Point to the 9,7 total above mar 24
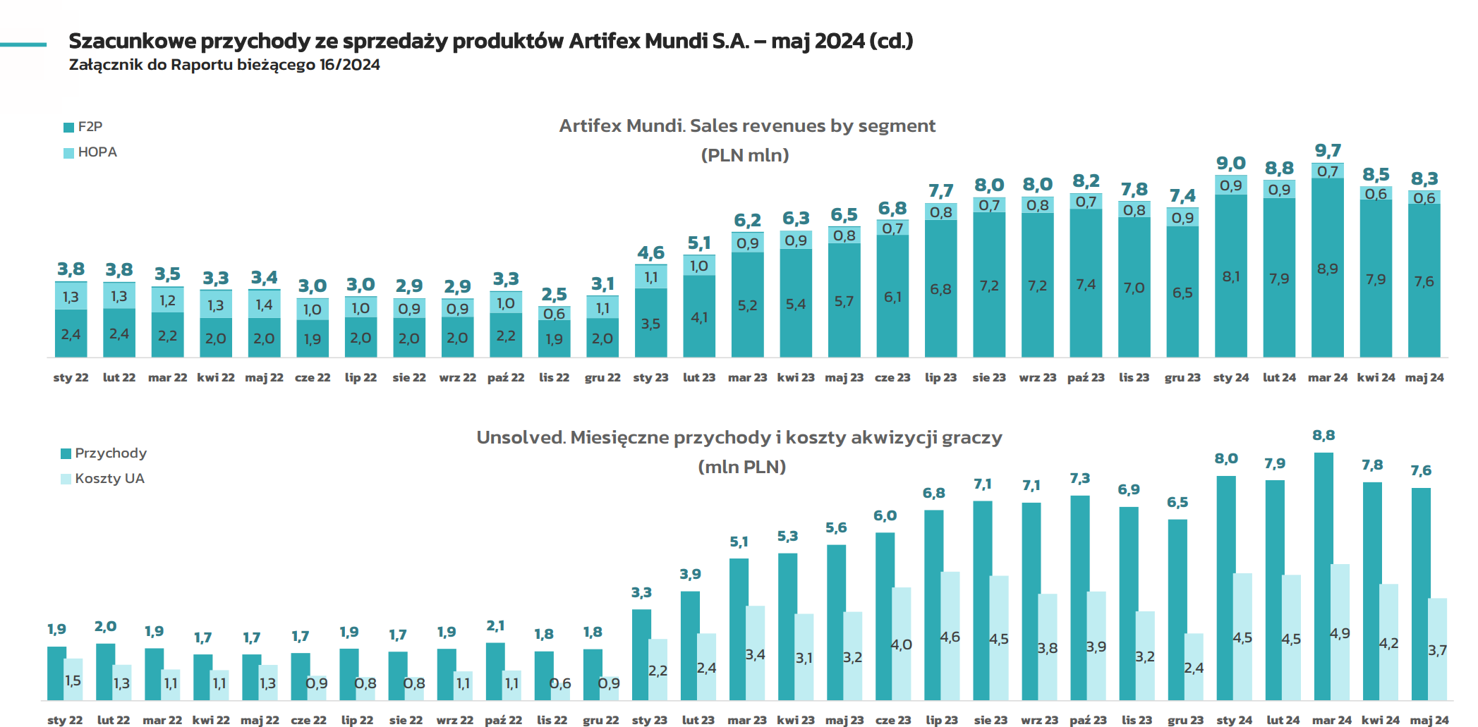tap(1328, 151)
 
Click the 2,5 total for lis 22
tap(554, 295)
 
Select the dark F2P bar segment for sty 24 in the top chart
tap(1230, 276)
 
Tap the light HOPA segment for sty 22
tap(71, 296)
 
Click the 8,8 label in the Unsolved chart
tap(1323, 436)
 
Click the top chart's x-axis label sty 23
tap(650, 378)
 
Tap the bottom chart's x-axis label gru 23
tap(1185, 720)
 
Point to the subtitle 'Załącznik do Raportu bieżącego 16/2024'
tap(224, 65)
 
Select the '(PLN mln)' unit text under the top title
tap(745, 155)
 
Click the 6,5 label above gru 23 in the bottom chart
tap(1177, 503)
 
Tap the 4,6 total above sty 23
tap(650, 253)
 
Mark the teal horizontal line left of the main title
tap(23, 44)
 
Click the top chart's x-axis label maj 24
tap(1424, 378)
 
